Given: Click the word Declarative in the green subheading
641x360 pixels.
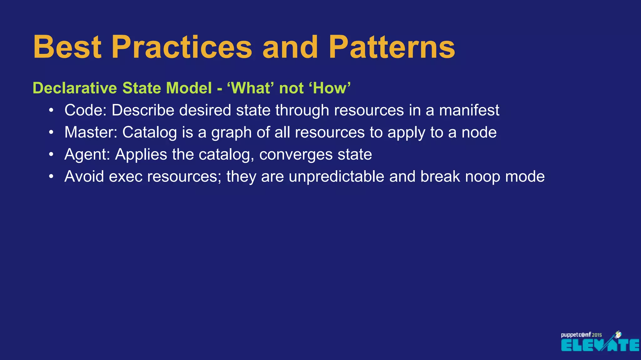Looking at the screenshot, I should pos(75,88).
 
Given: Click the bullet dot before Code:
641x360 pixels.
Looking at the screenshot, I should pos(51,110).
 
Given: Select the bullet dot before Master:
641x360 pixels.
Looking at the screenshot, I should pos(51,132).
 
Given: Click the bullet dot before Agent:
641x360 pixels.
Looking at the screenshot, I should pos(51,155).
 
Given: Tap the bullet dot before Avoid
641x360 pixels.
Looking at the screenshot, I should pos(51,177).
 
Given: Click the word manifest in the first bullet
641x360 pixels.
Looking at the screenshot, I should pos(469,110).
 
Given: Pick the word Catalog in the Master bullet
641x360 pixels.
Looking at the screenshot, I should pos(149,132).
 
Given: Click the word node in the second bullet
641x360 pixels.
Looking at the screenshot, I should pos(479,132).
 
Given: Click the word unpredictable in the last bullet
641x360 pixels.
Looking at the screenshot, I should pos(336,177).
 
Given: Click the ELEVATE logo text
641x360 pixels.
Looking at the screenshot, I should pos(600,345).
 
